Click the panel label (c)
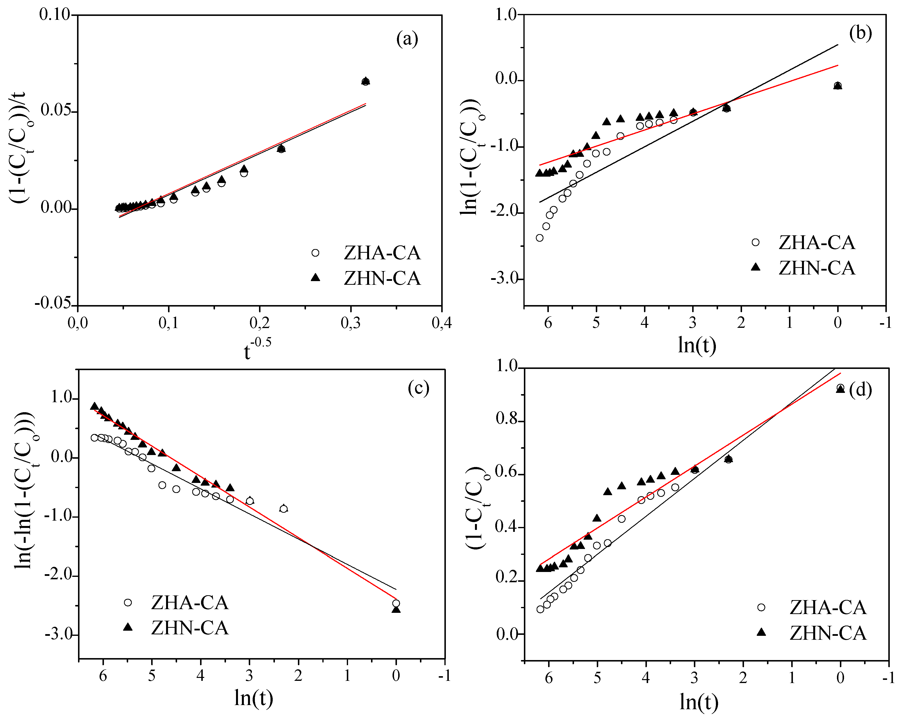(x=418, y=388)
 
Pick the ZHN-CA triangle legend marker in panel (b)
(x=755, y=267)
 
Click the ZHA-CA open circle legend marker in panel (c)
(x=128, y=602)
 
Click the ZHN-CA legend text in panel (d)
(x=828, y=633)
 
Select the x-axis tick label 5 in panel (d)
(x=597, y=677)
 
